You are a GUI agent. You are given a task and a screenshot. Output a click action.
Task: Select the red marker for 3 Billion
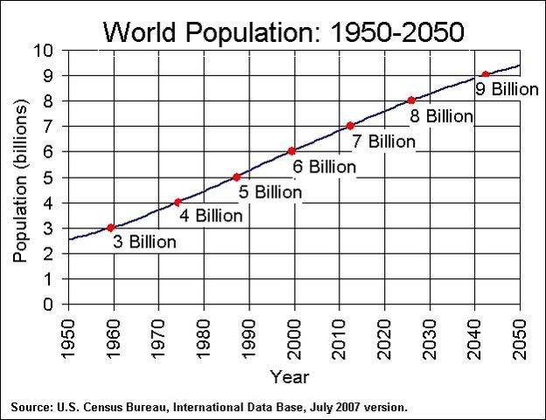click(110, 227)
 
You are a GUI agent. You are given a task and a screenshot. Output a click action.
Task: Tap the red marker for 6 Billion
click(291, 151)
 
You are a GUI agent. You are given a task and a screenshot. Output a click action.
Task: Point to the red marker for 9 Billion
click(486, 75)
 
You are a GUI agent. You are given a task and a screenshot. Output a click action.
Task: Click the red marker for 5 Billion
click(236, 177)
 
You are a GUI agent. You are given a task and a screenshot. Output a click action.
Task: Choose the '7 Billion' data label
click(383, 140)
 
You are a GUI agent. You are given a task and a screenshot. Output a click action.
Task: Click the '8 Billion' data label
click(441, 115)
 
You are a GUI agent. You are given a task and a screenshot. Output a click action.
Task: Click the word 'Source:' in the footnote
click(31, 408)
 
